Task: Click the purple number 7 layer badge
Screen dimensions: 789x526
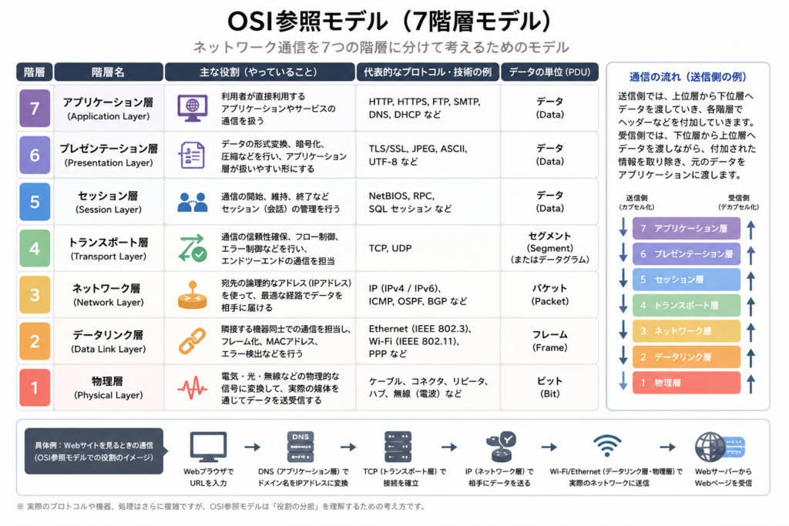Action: (35, 108)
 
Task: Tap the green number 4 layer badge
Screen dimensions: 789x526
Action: (35, 248)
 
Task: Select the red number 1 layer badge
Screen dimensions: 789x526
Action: (35, 387)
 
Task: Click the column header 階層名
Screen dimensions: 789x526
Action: (108, 72)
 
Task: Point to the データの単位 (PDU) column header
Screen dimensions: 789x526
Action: (549, 72)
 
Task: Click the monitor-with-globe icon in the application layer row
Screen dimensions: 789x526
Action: (192, 108)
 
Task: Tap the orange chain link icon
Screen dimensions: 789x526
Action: (192, 341)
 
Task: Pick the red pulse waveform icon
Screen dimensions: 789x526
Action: (192, 387)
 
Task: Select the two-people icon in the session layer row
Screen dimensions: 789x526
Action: (192, 202)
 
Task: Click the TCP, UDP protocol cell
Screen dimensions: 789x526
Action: (390, 249)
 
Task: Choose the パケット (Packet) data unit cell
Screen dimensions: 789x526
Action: (549, 295)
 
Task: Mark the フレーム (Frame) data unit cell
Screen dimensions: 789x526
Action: (549, 341)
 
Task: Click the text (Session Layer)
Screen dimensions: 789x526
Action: (108, 209)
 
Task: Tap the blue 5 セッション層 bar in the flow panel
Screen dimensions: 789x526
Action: (687, 280)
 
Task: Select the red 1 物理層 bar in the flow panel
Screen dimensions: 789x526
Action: (687, 383)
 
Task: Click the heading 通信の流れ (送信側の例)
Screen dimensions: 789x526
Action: (688, 77)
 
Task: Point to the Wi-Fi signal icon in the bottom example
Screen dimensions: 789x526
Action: (607, 446)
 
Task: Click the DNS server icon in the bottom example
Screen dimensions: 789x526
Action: (300, 446)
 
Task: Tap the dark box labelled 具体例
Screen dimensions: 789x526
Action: (94, 451)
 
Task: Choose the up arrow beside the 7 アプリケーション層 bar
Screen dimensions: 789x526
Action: (750, 229)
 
